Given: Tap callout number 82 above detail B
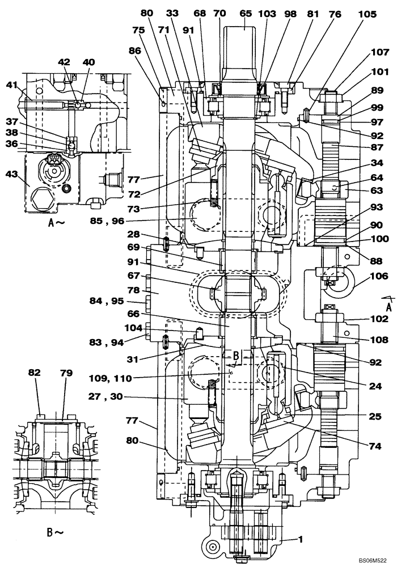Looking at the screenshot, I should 35,372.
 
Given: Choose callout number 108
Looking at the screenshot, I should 381,340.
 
